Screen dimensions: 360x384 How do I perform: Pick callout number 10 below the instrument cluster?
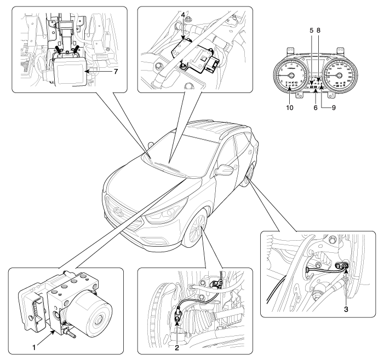coord(290,107)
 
